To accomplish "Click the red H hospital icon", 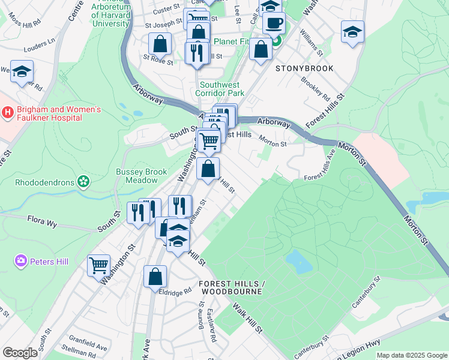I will (x=8, y=112).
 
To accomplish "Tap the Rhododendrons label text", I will (x=44, y=182).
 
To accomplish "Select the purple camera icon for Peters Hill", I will (x=21, y=261).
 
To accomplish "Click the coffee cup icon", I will (x=274, y=24).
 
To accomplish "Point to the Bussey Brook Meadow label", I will (x=142, y=176).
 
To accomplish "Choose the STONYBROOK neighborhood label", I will (x=304, y=69).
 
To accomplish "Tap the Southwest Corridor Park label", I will (x=221, y=89).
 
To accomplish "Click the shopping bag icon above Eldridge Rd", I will (x=155, y=277).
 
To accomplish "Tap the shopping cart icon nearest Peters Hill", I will (x=98, y=265).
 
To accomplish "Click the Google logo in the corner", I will (x=20, y=353).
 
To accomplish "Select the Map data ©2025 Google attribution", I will (x=412, y=355).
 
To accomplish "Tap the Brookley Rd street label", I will (x=316, y=89).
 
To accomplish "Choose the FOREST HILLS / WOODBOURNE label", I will (x=232, y=287).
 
